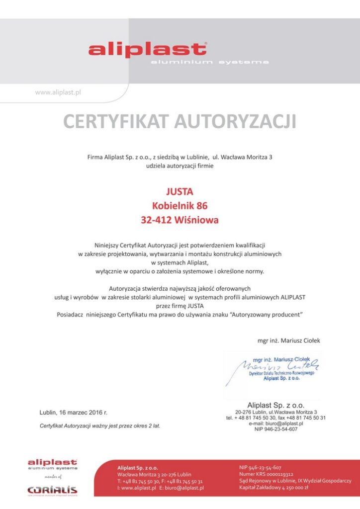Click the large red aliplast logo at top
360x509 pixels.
point(147,50)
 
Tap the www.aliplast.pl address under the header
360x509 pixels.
point(58,92)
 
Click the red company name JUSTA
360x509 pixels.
point(180,191)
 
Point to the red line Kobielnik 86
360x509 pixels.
point(180,205)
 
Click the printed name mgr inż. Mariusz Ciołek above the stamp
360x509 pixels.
point(289,340)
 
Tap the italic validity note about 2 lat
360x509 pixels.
point(100,426)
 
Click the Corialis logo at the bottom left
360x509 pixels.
point(52,490)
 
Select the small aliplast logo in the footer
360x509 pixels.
point(52,465)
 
